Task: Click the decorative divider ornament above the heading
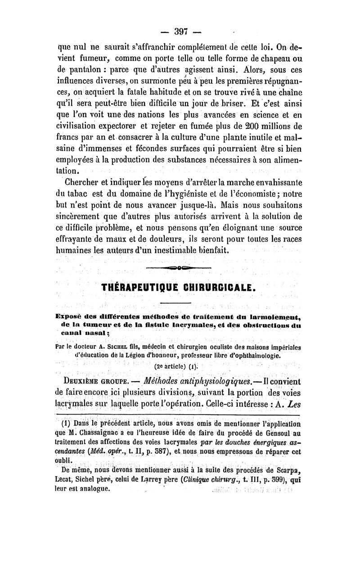click(x=179, y=269)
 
